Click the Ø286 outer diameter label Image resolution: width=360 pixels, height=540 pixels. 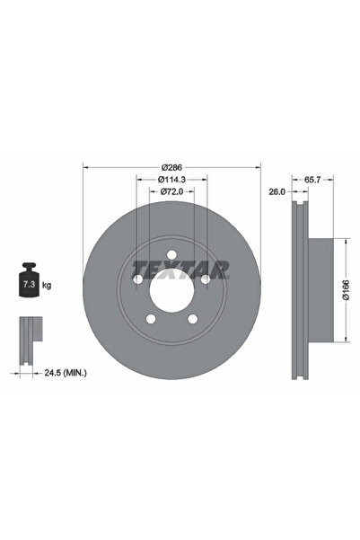tap(171, 169)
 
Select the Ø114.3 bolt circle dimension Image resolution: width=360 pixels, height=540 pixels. tap(171, 181)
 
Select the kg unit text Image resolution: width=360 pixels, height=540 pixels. tap(47, 285)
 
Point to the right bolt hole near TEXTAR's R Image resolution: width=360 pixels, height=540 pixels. tap(206, 279)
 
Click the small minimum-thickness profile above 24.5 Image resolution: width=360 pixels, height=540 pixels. tap(29, 333)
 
